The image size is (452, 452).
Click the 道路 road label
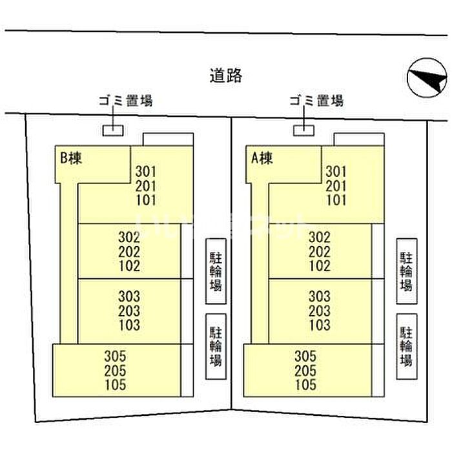point(226,76)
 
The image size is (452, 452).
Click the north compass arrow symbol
point(427,79)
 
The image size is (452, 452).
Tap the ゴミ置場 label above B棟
point(125,101)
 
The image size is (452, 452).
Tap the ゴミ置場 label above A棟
point(316,101)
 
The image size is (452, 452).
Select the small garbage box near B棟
point(113,130)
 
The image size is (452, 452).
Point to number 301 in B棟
point(147,172)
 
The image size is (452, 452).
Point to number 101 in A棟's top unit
point(336,200)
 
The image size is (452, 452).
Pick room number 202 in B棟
point(129,251)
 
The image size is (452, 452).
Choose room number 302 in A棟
point(320,237)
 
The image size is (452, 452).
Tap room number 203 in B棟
point(129,311)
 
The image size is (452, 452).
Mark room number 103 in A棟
point(320,325)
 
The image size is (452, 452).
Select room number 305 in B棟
point(114,356)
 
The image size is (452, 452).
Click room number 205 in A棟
point(305,371)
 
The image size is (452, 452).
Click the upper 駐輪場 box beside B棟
point(216,271)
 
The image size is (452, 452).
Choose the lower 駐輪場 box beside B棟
point(216,346)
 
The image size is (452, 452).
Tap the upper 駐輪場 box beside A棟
point(406,271)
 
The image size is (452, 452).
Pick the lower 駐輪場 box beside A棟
point(406,346)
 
